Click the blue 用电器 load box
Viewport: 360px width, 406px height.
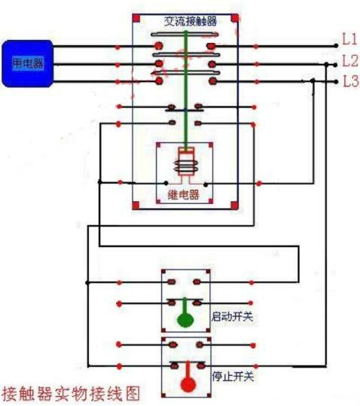click(26, 63)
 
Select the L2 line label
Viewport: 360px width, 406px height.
click(349, 60)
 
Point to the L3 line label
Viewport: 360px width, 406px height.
click(349, 81)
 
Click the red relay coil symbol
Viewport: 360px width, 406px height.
click(185, 163)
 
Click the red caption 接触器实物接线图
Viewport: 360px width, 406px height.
click(71, 393)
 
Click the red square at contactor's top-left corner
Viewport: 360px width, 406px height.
click(137, 17)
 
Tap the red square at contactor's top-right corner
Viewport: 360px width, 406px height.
click(234, 17)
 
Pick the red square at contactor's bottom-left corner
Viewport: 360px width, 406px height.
click(137, 204)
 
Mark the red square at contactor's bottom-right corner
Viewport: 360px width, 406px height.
click(234, 204)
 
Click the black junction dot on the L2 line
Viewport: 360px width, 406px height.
click(326, 65)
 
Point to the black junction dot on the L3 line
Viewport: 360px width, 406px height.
click(313, 81)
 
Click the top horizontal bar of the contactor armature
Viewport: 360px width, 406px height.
click(185, 34)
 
